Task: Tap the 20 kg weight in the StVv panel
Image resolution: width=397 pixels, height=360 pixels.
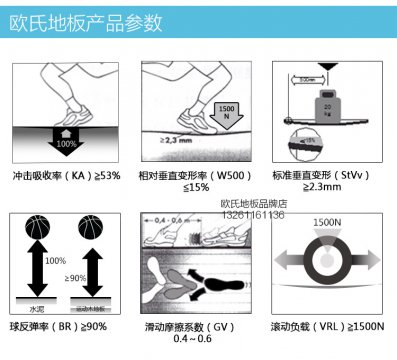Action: coord(327,104)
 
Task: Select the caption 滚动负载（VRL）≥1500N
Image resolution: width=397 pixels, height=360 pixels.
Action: coord(328,326)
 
